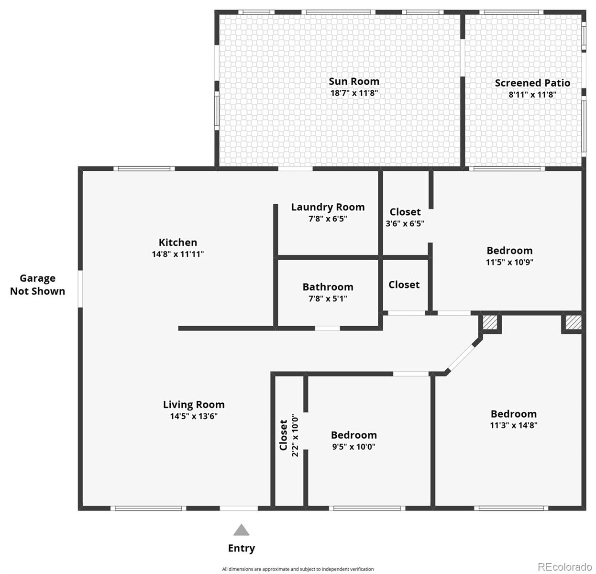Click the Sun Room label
click(x=353, y=82)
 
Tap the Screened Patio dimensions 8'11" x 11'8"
click(x=532, y=95)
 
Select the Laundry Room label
click(x=328, y=207)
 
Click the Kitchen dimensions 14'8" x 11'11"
click(x=177, y=254)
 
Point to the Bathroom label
click(x=328, y=287)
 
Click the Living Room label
click(x=193, y=405)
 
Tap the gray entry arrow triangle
click(x=241, y=530)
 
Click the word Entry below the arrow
click(x=241, y=548)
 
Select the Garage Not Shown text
click(x=37, y=285)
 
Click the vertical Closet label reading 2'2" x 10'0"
click(x=289, y=435)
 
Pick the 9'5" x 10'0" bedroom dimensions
click(x=353, y=447)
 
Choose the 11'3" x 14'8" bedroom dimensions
click(x=513, y=425)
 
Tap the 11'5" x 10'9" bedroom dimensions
click(x=509, y=262)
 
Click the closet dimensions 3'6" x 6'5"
click(x=405, y=223)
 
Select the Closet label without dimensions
click(x=404, y=285)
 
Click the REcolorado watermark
click(x=564, y=567)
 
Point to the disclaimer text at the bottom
click(x=298, y=569)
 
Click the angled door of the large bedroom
click(x=463, y=357)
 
